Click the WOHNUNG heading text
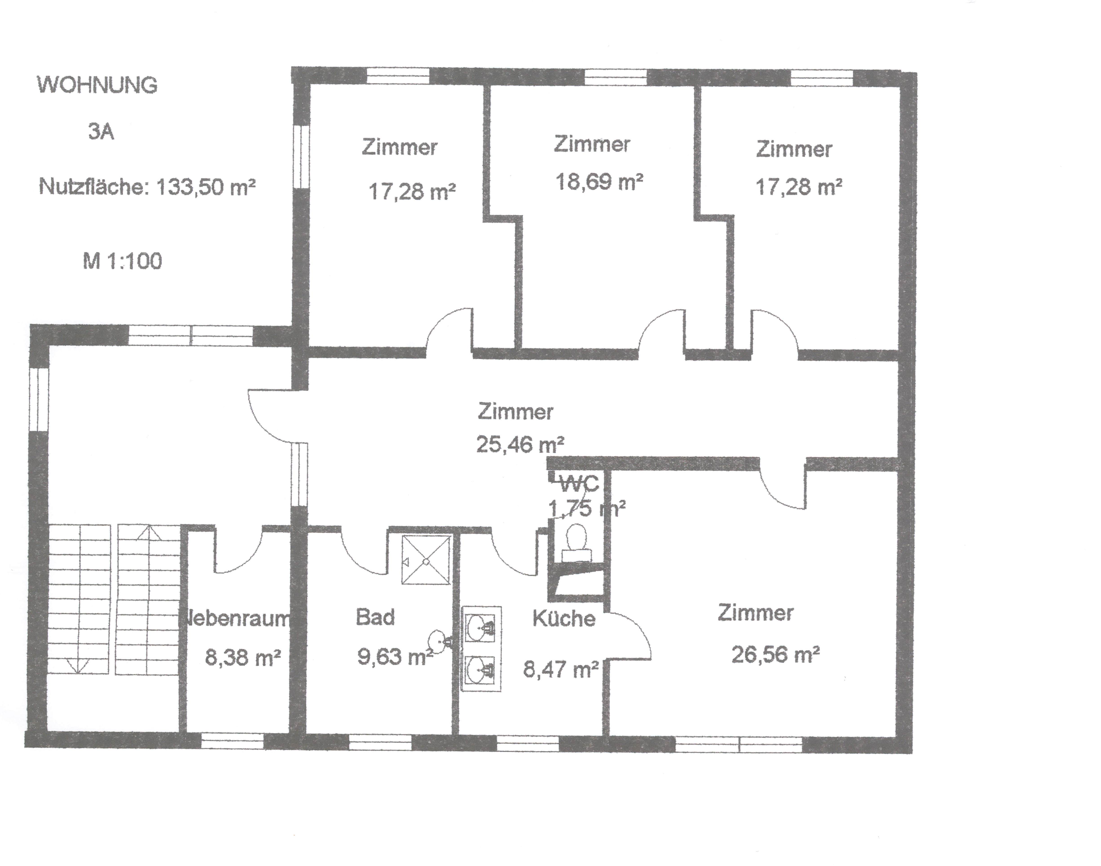pyautogui.click(x=98, y=85)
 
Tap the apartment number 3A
pyautogui.click(x=101, y=132)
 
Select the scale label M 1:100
pyautogui.click(x=122, y=261)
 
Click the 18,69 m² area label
pyautogui.click(x=600, y=181)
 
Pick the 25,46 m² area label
pyautogui.click(x=520, y=445)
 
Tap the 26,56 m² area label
pyautogui.click(x=775, y=654)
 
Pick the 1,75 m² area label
pyautogui.click(x=587, y=507)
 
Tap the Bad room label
pyautogui.click(x=375, y=617)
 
